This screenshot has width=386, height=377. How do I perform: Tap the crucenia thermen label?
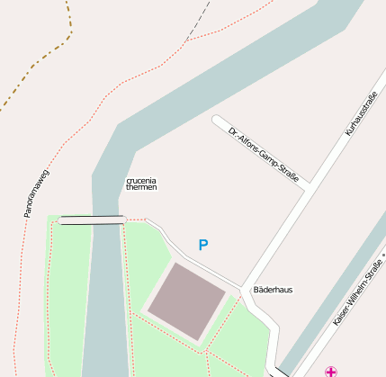click(141, 184)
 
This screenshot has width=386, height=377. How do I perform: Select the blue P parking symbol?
click(203, 245)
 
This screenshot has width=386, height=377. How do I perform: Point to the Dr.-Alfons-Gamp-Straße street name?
click(263, 153)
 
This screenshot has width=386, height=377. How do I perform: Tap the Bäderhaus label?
click(273, 290)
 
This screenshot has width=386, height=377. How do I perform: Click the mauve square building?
click(186, 301)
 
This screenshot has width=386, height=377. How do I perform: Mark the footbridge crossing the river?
click(91, 220)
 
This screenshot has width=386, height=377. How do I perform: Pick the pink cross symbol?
click(332, 371)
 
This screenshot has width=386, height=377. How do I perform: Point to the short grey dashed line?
click(199, 21)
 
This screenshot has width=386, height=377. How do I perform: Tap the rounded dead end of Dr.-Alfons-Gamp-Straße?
click(217, 120)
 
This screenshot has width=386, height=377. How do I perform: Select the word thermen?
click(141, 188)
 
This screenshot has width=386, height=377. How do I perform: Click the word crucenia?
click(141, 181)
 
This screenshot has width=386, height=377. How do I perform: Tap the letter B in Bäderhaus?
click(256, 290)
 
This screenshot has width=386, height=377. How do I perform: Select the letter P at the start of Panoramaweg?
click(28, 216)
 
